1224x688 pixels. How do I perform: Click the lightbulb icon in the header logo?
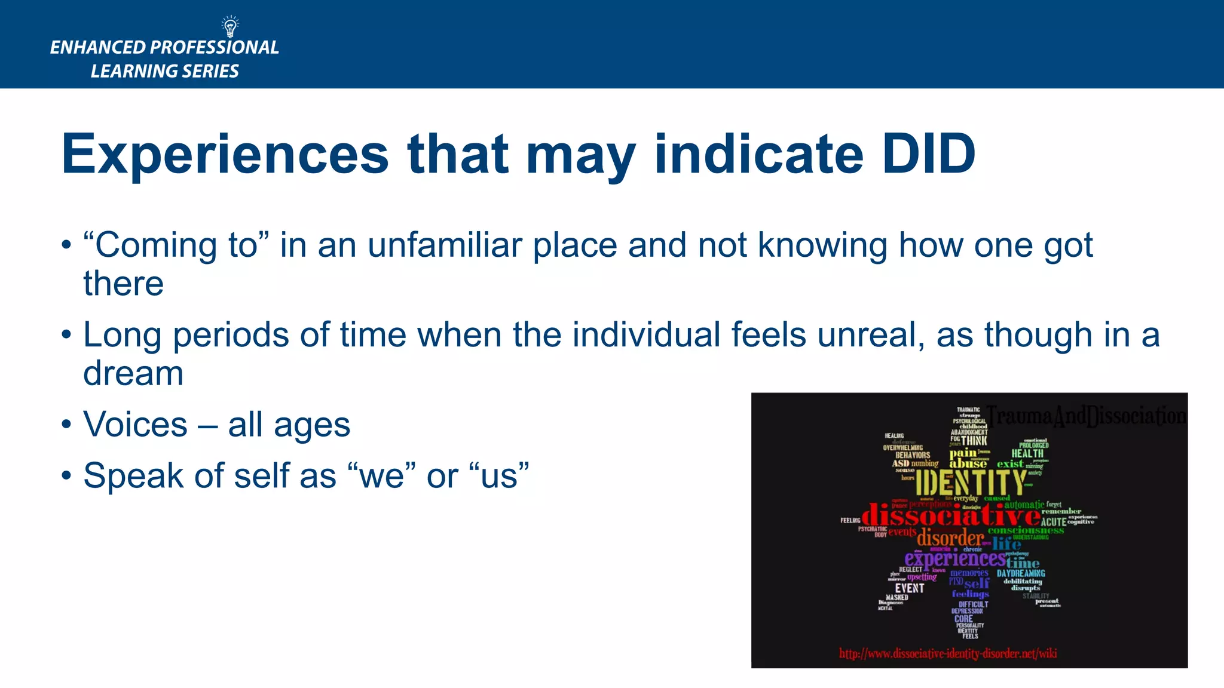[230, 27]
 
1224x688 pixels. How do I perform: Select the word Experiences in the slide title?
[225, 154]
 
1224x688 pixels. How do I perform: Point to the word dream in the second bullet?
[133, 374]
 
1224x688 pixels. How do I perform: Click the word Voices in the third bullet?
[136, 425]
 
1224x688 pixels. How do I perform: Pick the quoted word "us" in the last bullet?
[500, 476]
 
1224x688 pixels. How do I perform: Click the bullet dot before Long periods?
[66, 334]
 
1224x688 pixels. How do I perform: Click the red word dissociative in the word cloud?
[951, 515]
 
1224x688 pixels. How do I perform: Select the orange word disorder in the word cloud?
[950, 538]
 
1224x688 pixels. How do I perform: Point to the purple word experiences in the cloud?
[954, 558]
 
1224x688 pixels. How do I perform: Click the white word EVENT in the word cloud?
[909, 588]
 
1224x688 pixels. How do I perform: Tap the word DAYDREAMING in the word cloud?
[1021, 573]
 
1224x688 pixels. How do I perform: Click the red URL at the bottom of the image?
[948, 653]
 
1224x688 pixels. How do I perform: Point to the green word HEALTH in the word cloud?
[1027, 454]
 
